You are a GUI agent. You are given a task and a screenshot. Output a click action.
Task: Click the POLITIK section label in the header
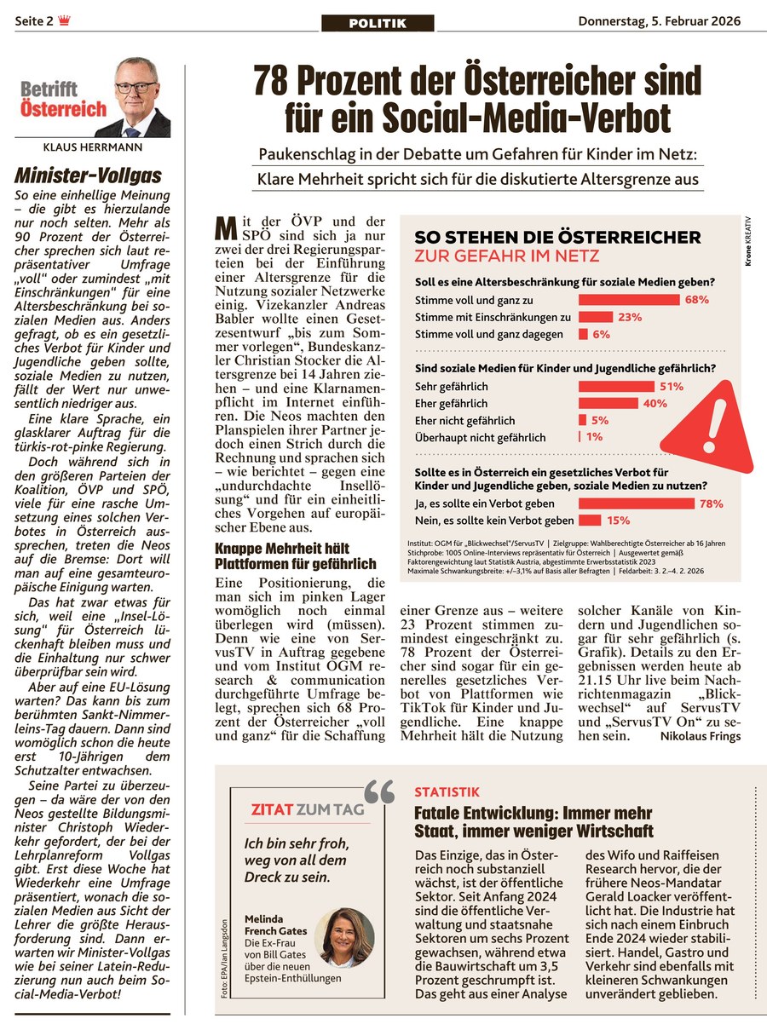378,23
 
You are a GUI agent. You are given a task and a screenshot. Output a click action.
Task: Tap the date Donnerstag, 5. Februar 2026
659,21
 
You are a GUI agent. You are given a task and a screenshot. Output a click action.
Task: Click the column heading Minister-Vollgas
88,176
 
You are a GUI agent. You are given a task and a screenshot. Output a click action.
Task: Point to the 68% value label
696,300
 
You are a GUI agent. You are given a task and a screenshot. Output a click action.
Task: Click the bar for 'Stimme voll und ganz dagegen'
584,335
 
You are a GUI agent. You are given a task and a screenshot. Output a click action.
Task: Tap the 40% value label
655,403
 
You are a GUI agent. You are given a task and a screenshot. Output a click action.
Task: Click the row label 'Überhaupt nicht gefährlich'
480,437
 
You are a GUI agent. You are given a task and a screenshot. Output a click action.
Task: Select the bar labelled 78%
635,503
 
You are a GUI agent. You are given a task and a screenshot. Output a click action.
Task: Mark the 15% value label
618,521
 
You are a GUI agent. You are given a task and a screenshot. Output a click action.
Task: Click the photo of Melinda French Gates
347,938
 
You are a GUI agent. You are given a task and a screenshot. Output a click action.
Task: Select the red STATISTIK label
447,792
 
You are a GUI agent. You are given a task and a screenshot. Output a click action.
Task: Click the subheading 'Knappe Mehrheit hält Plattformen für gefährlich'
295,555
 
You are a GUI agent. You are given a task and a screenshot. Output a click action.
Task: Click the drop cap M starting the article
224,228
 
